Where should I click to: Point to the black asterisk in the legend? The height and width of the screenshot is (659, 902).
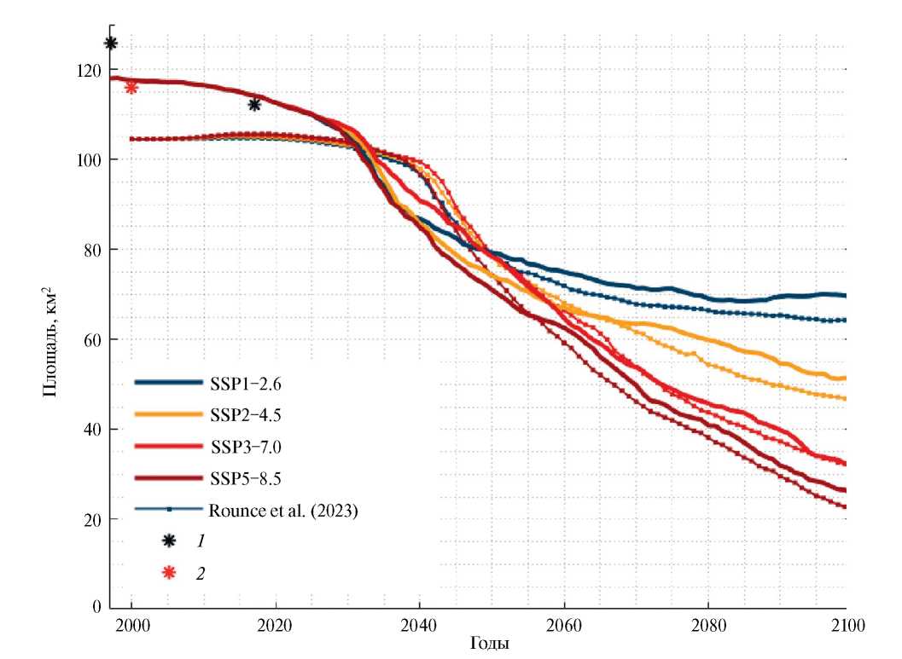(x=170, y=540)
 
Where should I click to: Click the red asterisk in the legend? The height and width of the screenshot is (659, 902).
(x=170, y=572)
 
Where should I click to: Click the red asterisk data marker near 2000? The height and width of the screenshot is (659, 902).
(x=131, y=87)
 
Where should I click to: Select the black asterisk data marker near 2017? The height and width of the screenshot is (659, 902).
(x=254, y=104)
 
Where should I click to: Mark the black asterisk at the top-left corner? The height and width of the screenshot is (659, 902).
(x=111, y=43)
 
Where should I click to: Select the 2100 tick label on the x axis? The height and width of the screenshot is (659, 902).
(x=847, y=623)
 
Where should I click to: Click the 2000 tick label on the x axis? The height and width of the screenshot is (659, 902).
(x=132, y=623)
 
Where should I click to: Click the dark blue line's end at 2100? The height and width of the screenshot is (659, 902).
(x=845, y=295)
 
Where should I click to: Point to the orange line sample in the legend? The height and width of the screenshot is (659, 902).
(x=167, y=414)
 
